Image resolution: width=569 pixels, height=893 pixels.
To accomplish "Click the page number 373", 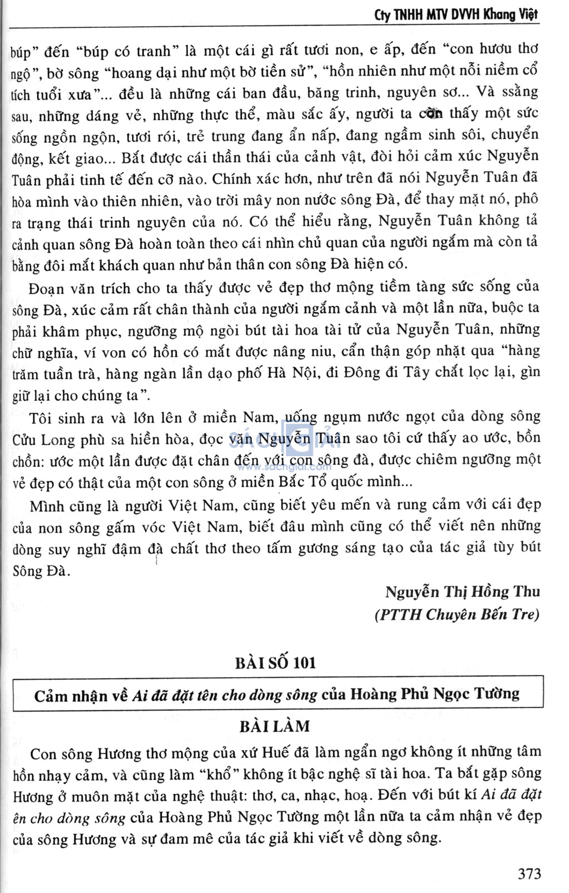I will coord(529,874).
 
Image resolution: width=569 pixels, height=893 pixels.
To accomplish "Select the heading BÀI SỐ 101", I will coord(275,662).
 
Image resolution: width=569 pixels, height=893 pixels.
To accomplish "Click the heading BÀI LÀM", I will coord(275,726).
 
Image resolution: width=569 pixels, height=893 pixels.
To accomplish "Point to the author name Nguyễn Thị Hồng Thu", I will coord(462,592).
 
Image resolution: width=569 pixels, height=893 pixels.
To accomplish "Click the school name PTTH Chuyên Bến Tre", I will coord(457,614).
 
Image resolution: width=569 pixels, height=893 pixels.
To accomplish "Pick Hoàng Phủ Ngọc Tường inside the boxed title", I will coord(435,694).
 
